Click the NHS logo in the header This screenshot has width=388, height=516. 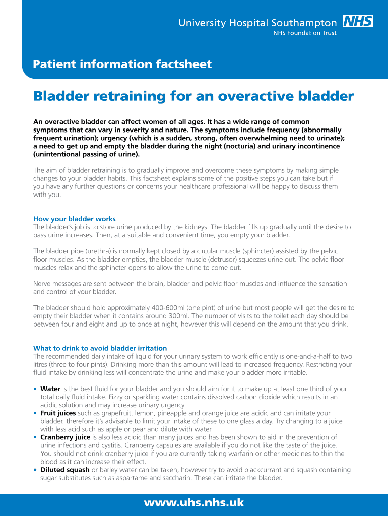pos(358,21)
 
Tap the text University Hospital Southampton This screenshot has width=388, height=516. pos(257,23)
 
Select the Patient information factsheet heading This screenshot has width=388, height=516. pos(122,64)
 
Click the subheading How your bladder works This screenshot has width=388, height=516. pos(75,219)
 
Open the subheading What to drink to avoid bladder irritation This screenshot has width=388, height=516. pos(100,348)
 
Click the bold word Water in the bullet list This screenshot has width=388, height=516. pos(50,389)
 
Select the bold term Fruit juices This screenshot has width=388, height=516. pos(58,413)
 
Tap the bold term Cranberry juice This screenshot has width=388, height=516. pos(65,437)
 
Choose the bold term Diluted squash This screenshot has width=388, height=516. pos(65,470)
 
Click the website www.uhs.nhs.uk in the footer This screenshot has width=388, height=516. pos(194,502)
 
